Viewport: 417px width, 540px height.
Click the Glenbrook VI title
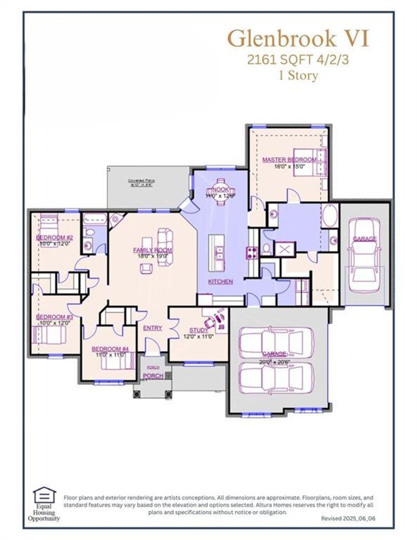pos(298,39)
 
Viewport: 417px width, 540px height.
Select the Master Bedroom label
pos(289,160)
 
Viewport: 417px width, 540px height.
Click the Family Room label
pos(152,250)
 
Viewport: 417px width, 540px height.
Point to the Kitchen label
pos(220,281)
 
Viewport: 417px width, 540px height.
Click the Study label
pos(198,330)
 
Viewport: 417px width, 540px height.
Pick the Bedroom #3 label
pos(54,317)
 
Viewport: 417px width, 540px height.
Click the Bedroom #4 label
pos(110,349)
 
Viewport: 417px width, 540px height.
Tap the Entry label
pos(152,328)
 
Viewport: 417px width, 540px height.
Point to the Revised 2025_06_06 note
pos(348,518)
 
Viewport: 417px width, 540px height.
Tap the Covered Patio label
pos(141,181)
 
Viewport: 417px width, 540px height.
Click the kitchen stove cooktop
pos(252,253)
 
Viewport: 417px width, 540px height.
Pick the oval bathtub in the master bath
pos(330,216)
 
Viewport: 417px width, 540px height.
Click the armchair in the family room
pos(146,268)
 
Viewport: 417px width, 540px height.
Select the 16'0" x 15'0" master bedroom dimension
pos(289,166)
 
